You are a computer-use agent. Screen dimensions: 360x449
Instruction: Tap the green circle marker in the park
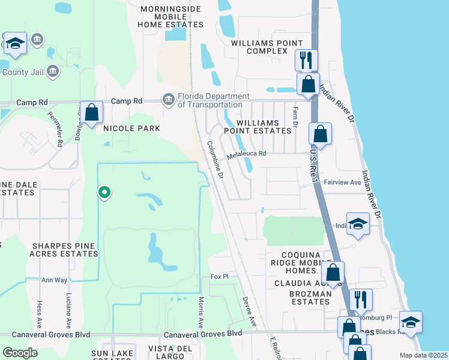click(x=104, y=193)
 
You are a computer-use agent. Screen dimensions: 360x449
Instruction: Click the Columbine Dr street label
click(x=215, y=160)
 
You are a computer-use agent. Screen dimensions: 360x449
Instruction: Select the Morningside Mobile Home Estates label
click(x=170, y=17)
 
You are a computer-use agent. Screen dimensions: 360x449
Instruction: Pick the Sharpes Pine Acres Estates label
click(x=65, y=250)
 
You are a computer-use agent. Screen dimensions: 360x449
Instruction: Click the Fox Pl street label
click(x=220, y=277)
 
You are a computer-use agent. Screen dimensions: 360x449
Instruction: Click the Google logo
click(x=20, y=353)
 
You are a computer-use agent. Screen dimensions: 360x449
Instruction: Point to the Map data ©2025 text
click(x=424, y=355)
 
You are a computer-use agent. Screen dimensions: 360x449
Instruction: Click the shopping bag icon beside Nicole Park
click(x=91, y=112)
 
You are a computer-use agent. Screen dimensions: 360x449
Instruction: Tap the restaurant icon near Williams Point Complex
click(x=306, y=60)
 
